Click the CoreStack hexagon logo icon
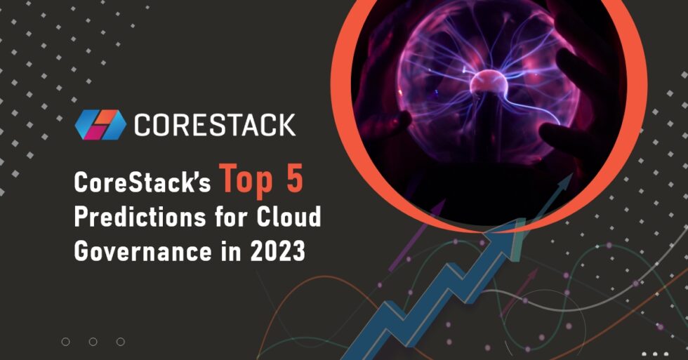coord(100,124)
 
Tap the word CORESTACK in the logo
coord(214,125)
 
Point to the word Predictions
coord(133,217)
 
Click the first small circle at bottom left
coord(65,342)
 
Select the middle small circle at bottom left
coord(93,342)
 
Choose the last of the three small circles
coord(120,342)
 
